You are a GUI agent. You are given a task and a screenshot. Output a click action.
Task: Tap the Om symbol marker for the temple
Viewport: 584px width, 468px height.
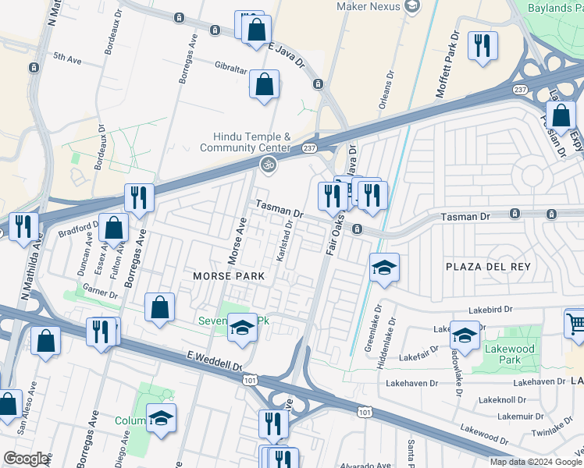pos(268,165)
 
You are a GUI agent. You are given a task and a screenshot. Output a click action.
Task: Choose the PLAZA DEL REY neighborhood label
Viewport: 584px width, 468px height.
pos(487,267)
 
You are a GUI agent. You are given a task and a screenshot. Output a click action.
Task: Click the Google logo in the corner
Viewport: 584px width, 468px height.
pos(26,458)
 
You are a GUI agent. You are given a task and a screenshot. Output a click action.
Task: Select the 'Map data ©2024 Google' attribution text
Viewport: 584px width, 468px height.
pos(536,462)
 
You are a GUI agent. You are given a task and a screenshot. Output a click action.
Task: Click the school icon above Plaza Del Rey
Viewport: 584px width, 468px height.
pos(384,267)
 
